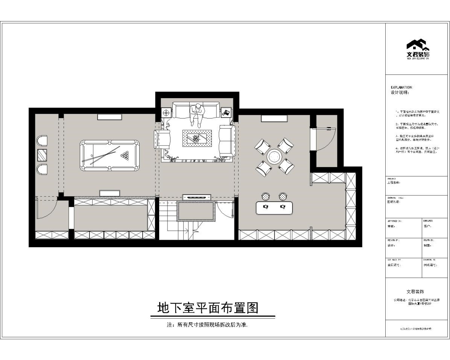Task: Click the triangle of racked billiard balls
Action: coord(125,155)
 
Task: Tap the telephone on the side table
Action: coord(226,112)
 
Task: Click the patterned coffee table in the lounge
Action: coord(197,138)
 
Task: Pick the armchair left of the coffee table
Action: coord(163,139)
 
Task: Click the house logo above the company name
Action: coord(418,46)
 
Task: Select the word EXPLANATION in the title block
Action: coord(402,87)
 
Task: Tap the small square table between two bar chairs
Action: coord(42,155)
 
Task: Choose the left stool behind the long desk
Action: coord(266,196)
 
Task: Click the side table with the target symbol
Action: coord(166,112)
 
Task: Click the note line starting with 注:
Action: coord(207,324)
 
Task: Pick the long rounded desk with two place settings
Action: coord(274,208)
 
